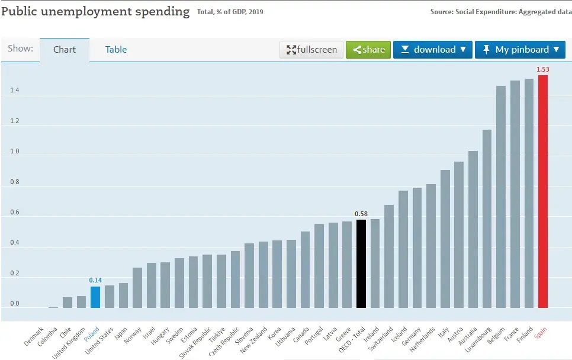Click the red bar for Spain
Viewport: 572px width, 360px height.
pos(543,191)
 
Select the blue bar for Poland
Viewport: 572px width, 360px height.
pos(95,297)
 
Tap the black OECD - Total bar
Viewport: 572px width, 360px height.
pos(361,263)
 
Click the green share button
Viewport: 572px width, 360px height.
pos(368,50)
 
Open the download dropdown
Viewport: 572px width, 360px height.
pos(433,50)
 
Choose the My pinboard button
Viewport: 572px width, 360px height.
pos(520,50)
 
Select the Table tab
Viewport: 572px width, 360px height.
pos(116,50)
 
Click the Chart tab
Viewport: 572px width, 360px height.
pos(65,50)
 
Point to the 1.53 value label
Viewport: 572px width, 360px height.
pos(543,69)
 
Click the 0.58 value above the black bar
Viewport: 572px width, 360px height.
pos(361,214)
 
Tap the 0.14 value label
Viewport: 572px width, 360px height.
pos(95,280)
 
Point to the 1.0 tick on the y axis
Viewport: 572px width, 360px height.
pos(15,151)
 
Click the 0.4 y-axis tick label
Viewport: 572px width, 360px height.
pos(15,242)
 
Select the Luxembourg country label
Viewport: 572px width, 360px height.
pos(478,340)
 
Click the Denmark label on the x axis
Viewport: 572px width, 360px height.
pos(34,336)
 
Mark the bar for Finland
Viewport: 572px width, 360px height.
pos(529,193)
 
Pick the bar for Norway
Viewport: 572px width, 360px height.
pos(137,288)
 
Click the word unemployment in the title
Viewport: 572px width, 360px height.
pos(86,12)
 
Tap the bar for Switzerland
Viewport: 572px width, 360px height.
pos(389,256)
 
